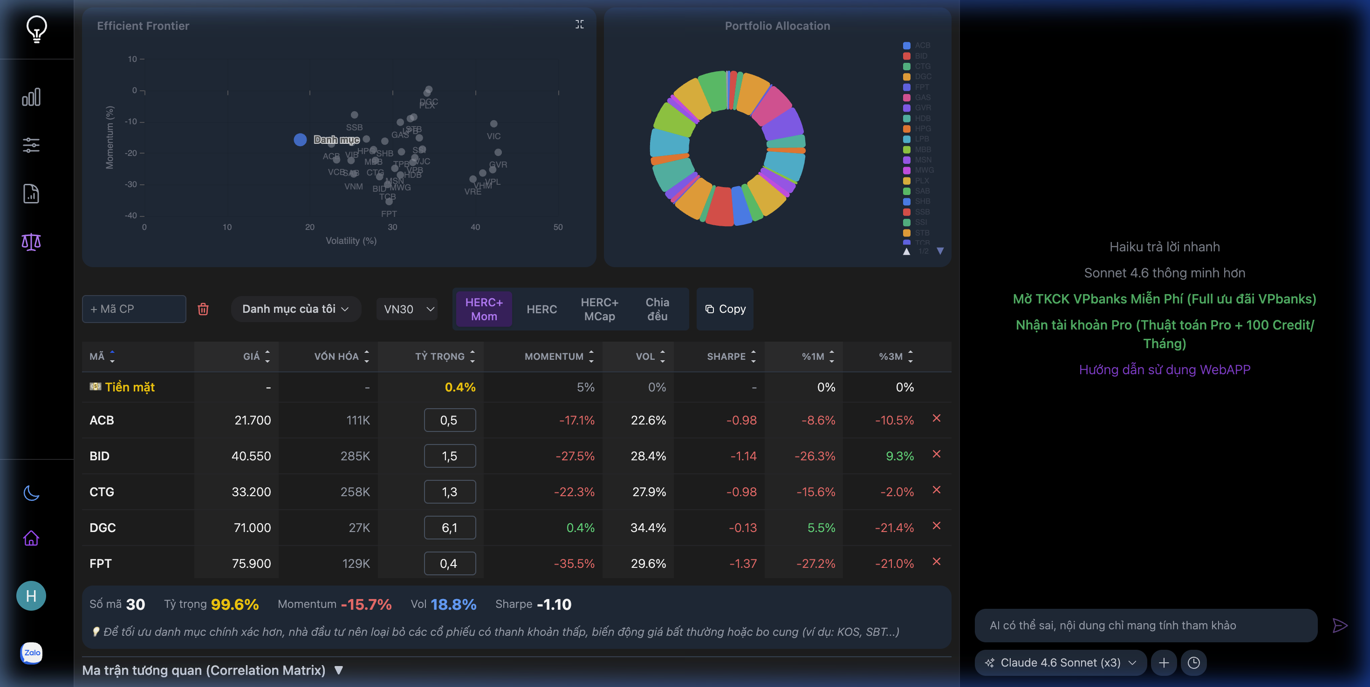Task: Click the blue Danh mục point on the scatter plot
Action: (300, 140)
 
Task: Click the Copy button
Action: (725, 309)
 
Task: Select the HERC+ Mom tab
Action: (483, 309)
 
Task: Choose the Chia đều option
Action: (657, 309)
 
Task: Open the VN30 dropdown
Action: (408, 309)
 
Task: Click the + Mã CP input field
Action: (134, 309)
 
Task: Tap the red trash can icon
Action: (203, 309)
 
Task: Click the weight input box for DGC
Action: (449, 528)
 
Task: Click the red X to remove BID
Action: (937, 454)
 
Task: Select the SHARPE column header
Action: (726, 357)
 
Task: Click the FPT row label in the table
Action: (101, 564)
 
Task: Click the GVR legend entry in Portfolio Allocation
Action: (922, 108)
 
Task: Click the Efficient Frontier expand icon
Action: (580, 25)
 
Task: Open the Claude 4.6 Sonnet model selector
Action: (1060, 662)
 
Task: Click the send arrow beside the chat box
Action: (1339, 626)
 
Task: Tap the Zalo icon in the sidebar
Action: (31, 653)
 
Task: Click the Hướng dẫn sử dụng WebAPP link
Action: (1164, 370)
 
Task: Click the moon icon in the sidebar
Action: (31, 493)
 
